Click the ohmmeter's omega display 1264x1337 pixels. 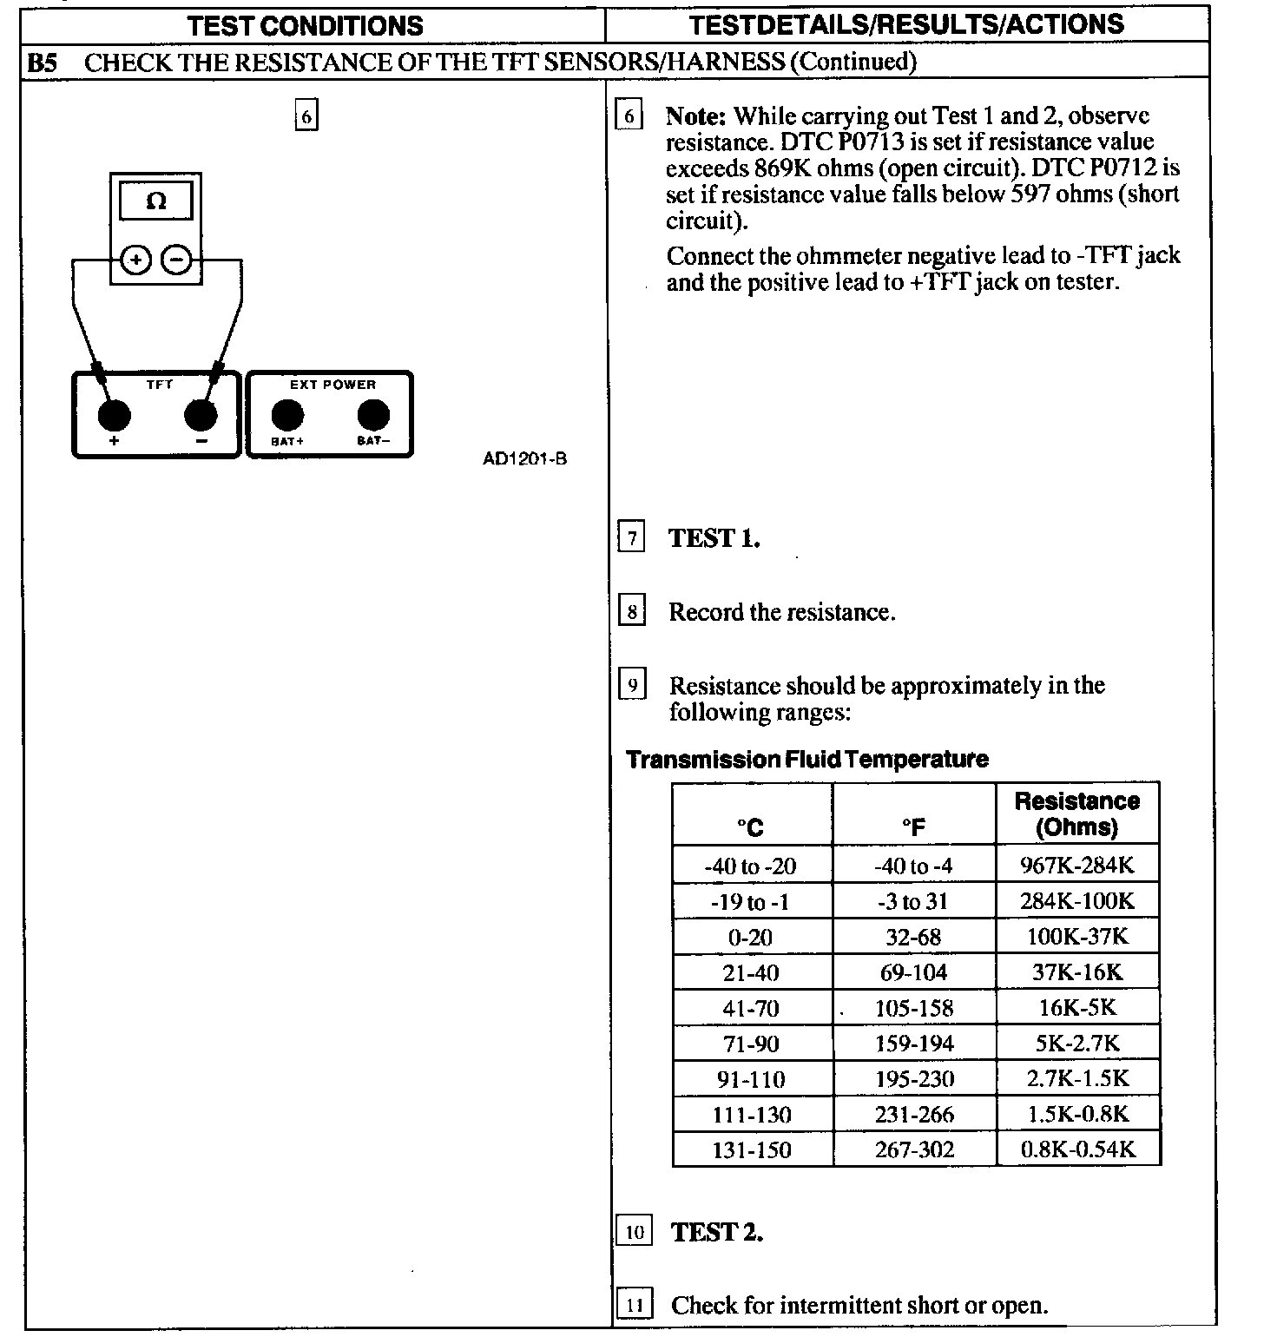pos(156,202)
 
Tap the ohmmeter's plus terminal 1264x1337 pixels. pos(135,259)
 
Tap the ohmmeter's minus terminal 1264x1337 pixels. pos(177,259)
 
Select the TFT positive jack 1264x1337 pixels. pos(114,416)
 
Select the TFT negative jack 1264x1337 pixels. pos(201,416)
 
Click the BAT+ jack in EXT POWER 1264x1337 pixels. pos(287,416)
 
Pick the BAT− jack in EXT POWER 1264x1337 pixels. pos(374,416)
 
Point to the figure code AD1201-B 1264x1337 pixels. pos(524,458)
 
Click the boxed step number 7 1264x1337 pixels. pos(632,538)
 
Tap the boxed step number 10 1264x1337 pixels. pos(635,1232)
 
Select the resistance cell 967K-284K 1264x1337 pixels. pos(1076,866)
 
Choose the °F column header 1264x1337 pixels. pos(913,827)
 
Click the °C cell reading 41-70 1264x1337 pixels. pos(751,1009)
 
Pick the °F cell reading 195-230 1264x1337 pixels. pos(914,1080)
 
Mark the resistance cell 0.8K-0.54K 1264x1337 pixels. pos(1077,1150)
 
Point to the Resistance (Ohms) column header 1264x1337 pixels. pos(1076,813)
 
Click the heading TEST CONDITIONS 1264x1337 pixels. pos(305,25)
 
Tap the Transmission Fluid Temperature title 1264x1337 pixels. pos(807,760)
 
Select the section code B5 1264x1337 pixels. pos(42,62)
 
